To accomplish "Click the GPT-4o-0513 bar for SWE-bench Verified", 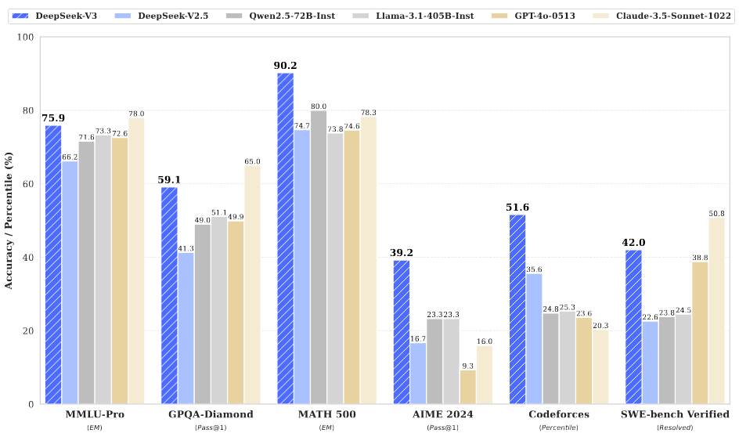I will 700,333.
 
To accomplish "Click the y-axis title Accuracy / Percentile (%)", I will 9,221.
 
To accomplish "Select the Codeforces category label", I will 559,414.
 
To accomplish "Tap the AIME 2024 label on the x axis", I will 443,414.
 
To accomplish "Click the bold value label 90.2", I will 285,66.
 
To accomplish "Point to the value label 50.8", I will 716,213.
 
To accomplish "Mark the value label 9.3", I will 467,365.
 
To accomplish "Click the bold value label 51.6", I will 517,208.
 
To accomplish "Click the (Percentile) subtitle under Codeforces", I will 559,428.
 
